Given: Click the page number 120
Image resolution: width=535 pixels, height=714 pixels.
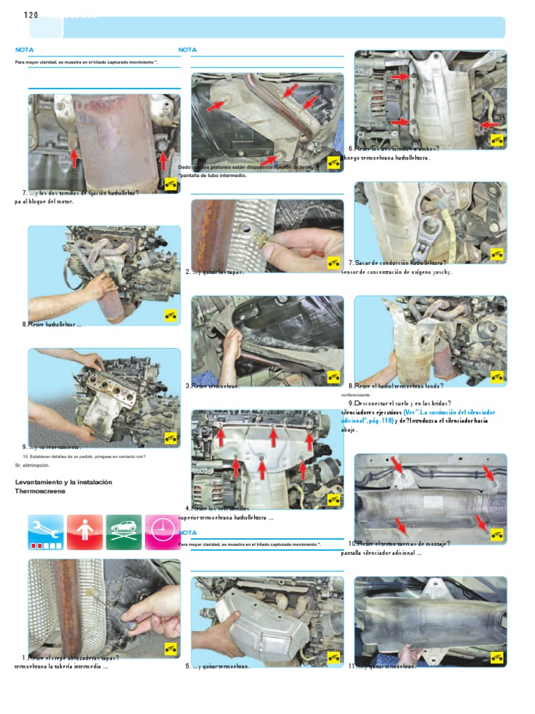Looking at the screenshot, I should [31, 15].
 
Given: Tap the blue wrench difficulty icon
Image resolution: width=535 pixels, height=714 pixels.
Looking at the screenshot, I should [46, 532].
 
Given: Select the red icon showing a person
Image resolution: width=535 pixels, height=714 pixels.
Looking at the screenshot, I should [84, 532].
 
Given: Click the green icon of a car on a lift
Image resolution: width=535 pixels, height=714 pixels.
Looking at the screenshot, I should [123, 532].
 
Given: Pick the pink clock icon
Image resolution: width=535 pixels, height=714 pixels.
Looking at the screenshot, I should [162, 532].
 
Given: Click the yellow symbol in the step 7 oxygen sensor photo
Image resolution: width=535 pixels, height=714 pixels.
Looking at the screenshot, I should [497, 255].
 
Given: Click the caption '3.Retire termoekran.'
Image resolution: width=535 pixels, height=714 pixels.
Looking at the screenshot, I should [213, 386].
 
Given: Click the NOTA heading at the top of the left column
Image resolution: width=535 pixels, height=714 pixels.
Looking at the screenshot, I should [24, 50].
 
